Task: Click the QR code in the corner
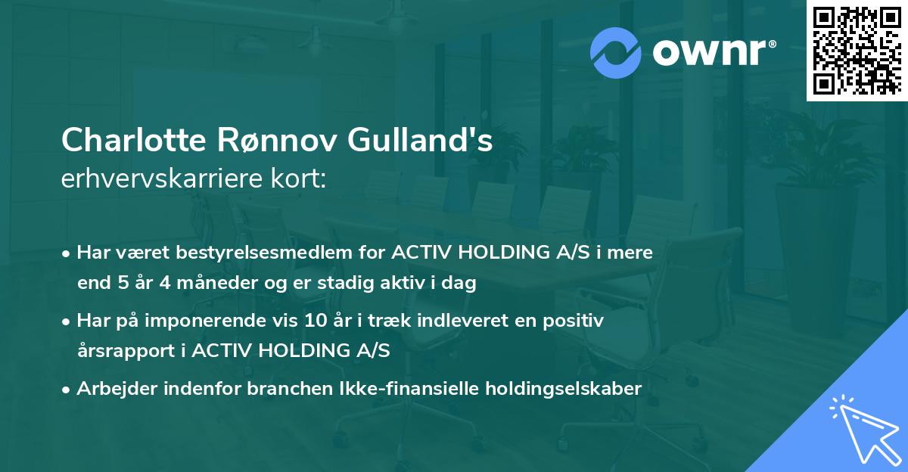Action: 857,51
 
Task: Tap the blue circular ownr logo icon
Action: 616,53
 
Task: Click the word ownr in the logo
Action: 709,53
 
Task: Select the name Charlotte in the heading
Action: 129,140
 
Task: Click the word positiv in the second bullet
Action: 578,321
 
